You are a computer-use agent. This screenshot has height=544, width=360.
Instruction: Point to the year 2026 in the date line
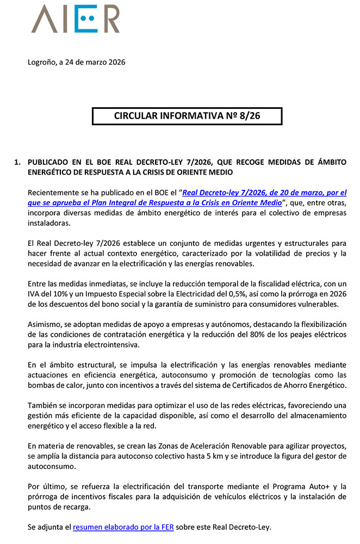[115, 62]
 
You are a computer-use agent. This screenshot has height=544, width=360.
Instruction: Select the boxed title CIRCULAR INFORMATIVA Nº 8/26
[187, 116]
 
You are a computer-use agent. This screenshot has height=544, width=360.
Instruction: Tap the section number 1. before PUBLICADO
[17, 162]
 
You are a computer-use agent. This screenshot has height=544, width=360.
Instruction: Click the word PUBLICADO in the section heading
[51, 162]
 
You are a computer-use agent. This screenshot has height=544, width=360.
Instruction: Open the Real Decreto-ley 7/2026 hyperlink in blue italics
[264, 193]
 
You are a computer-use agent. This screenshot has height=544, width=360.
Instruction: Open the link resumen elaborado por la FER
[123, 527]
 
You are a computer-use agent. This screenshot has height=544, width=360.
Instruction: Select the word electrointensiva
[109, 344]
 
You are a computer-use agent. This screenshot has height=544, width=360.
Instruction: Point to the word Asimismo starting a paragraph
[45, 324]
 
